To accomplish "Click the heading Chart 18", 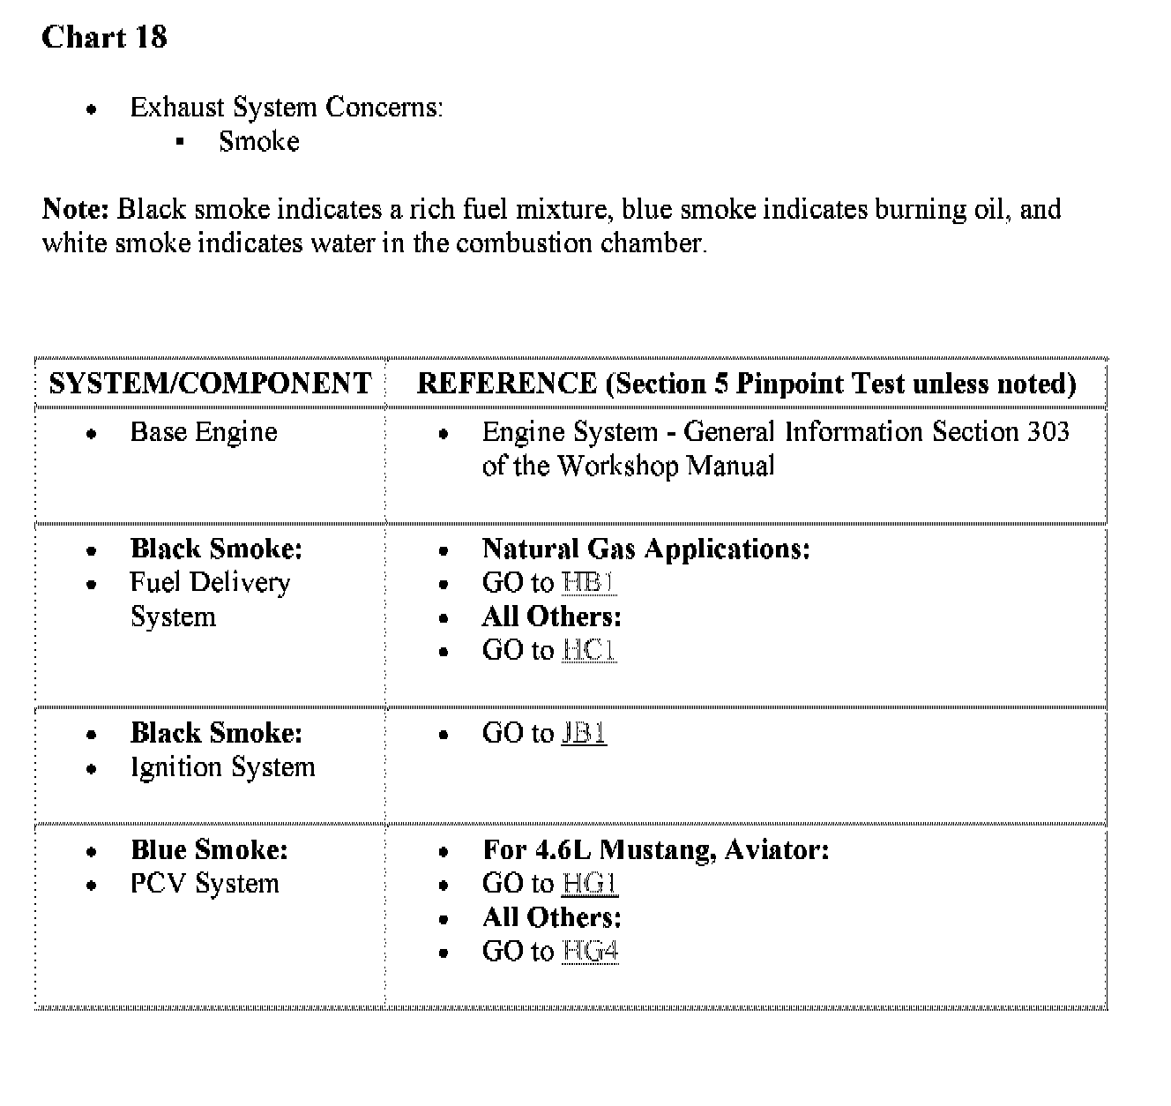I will coord(104,37).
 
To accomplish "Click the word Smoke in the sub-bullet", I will coord(259,141).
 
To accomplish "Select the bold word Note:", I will coord(75,209).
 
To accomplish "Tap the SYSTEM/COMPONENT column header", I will coord(210,383).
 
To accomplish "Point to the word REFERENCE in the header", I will coord(506,383).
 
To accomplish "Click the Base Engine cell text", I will coord(204,432).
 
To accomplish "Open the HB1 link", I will coord(589,583).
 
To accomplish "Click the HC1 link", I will coord(589,651).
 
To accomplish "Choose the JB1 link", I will coord(584,734).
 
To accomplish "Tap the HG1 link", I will coord(590,884).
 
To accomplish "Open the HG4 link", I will coord(590,952).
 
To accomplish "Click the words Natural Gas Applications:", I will coord(645,549).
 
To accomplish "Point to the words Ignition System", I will coord(222,767).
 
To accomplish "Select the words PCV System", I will coord(205,884).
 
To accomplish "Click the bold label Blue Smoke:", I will coord(209,850).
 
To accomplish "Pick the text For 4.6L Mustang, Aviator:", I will coord(655,850).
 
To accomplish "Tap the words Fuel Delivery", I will coord(210,583).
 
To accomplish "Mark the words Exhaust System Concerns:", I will coord(287,108).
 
